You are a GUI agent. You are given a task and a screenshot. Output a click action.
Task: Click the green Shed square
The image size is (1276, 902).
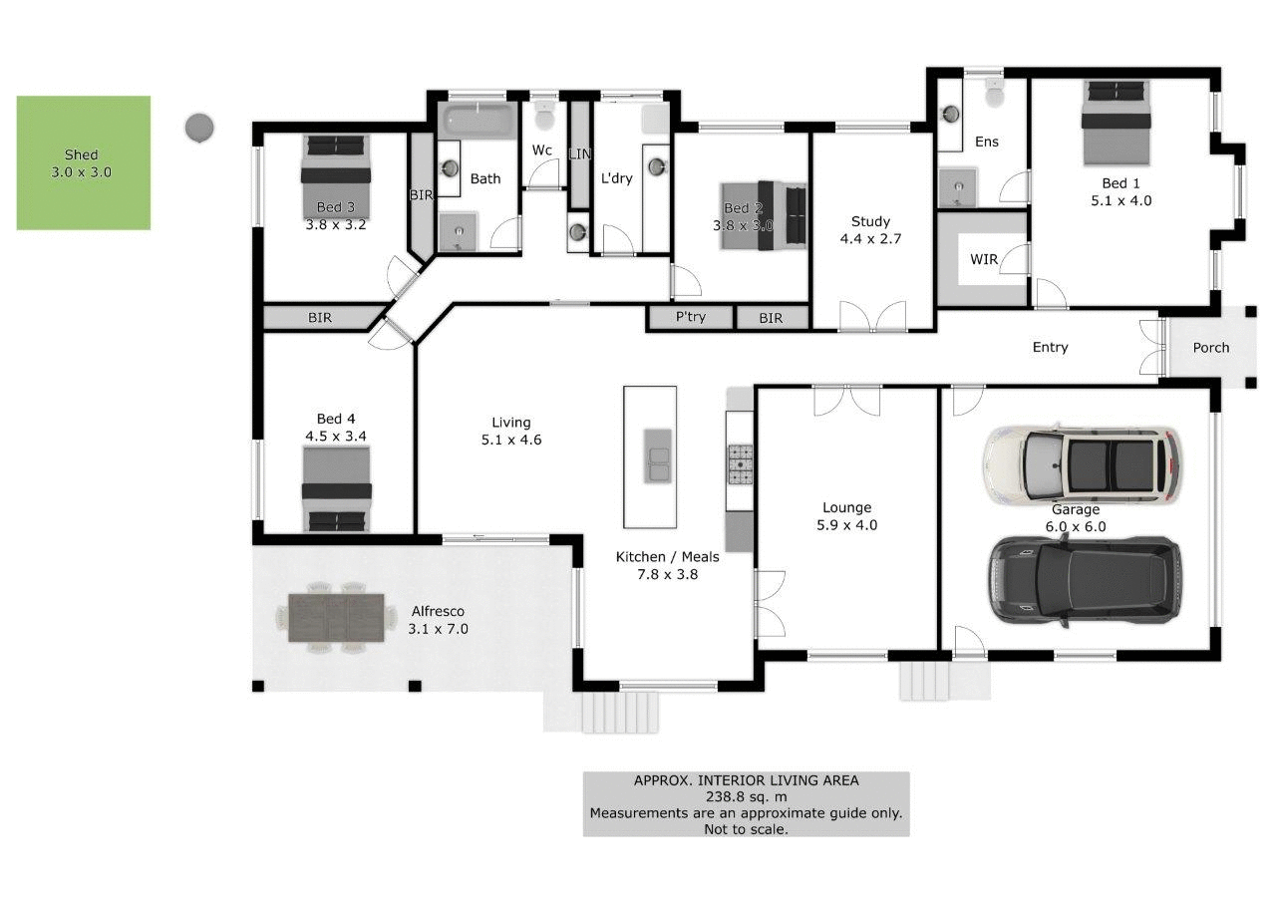pos(83,162)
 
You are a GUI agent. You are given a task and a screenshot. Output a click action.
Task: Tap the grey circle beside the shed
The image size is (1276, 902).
pos(199,128)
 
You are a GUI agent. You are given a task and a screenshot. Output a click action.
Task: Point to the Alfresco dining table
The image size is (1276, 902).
pos(336,618)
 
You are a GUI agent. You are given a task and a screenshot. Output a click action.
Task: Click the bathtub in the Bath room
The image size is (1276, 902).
pos(477,120)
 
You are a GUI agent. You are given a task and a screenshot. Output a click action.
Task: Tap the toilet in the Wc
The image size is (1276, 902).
pos(544,118)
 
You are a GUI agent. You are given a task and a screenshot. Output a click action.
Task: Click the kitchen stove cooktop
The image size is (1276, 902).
pos(741,463)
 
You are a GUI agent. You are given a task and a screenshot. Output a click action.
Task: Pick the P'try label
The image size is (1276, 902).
pos(691,318)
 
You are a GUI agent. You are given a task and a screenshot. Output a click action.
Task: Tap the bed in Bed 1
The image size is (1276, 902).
pos(1116,124)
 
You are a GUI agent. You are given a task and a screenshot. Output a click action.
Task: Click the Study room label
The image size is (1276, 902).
pos(870,222)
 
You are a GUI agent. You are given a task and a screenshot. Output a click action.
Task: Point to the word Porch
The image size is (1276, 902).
pos(1210,348)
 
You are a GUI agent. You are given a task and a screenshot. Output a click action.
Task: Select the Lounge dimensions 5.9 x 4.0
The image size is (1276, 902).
pos(846,525)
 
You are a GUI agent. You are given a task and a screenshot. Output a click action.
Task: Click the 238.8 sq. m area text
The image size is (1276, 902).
pos(746,796)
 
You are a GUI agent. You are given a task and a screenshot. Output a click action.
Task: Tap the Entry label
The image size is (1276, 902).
pos(1050,347)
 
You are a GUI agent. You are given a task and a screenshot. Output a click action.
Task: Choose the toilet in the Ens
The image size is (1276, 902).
pos(994,94)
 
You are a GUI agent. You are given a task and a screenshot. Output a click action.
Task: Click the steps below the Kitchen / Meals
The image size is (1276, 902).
pos(620,713)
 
